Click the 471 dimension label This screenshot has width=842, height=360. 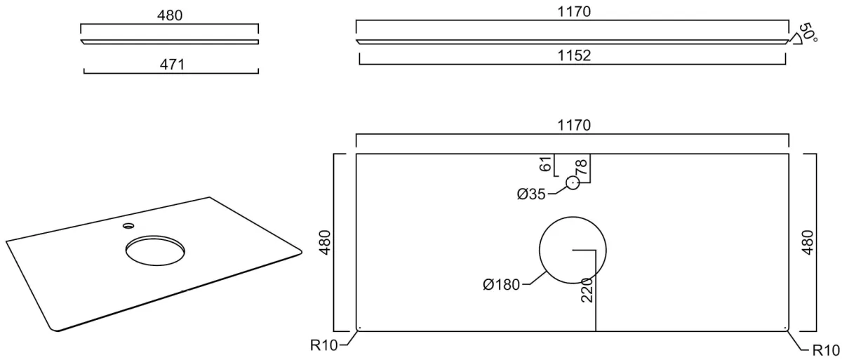(172, 65)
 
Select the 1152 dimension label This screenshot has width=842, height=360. (574, 55)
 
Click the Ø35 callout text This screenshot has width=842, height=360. (531, 194)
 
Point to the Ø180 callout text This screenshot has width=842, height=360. (502, 285)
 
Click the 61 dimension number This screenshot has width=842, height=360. (545, 164)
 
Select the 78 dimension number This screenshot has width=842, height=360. (581, 167)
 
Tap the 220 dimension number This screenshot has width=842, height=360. (587, 290)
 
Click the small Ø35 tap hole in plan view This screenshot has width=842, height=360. (573, 183)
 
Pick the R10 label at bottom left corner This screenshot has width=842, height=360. (323, 345)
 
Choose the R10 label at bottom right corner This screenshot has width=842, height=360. (826, 351)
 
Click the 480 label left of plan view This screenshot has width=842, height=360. (325, 242)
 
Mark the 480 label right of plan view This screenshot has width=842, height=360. (808, 242)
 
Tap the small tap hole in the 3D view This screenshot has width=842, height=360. (128, 226)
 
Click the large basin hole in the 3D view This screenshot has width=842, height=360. (155, 251)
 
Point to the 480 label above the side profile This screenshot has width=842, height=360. (170, 15)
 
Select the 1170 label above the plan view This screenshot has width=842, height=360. (574, 125)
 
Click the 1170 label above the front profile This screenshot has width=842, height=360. (574, 12)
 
